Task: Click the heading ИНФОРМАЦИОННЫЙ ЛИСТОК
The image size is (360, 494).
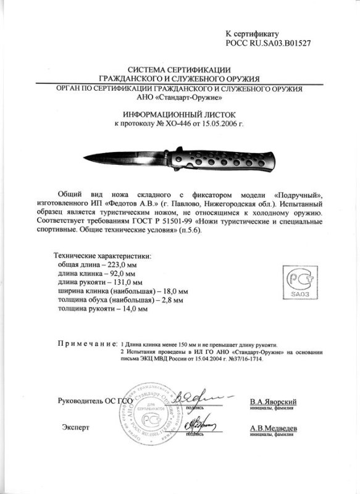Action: (x=178, y=115)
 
